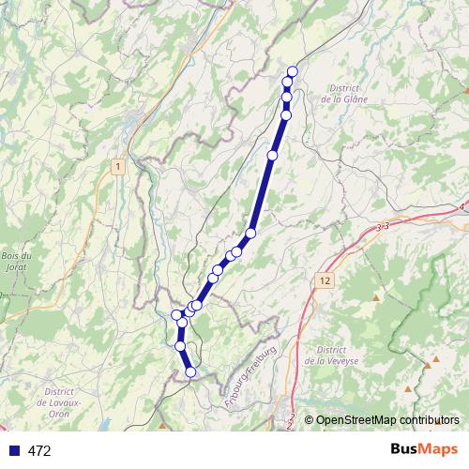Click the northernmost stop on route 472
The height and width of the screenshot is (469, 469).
pos(293,71)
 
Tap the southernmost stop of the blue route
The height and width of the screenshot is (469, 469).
pos(191,372)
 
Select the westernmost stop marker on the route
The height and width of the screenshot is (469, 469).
pos(176,314)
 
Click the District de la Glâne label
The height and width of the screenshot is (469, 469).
pos(342,94)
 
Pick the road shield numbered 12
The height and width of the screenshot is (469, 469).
pos(325,280)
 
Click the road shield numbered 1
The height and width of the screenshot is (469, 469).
pos(117,166)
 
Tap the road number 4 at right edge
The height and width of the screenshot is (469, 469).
pos(462,206)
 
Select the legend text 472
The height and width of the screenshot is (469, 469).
pos(39,451)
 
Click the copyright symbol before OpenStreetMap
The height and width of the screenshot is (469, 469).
pos(310,420)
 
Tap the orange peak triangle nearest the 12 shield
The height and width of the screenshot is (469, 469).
pos(376,297)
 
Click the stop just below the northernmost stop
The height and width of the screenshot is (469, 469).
pos(288,83)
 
